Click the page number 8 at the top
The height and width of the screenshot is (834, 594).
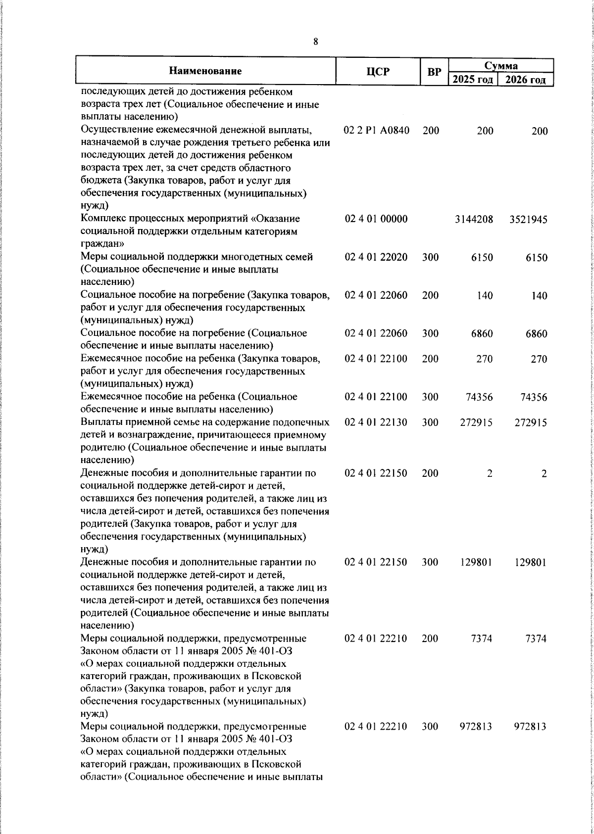pyautogui.click(x=316, y=42)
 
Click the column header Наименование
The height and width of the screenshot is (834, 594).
pyautogui.click(x=205, y=71)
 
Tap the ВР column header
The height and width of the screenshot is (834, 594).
pyautogui.click(x=434, y=72)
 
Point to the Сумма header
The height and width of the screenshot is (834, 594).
pyautogui.click(x=500, y=65)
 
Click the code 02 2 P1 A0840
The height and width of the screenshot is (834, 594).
pyautogui.click(x=376, y=131)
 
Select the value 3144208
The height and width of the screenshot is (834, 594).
pyautogui.click(x=474, y=219)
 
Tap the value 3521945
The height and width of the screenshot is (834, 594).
pyautogui.click(x=528, y=219)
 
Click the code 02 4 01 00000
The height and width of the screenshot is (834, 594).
pyautogui.click(x=376, y=219)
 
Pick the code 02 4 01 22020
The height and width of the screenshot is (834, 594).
pyautogui.click(x=376, y=257)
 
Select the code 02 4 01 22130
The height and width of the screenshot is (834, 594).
pyautogui.click(x=376, y=422)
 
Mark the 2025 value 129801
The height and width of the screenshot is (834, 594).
pyautogui.click(x=476, y=562)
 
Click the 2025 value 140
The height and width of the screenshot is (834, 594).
pyautogui.click(x=485, y=295)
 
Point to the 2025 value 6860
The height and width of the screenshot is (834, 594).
pyautogui.click(x=482, y=333)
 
